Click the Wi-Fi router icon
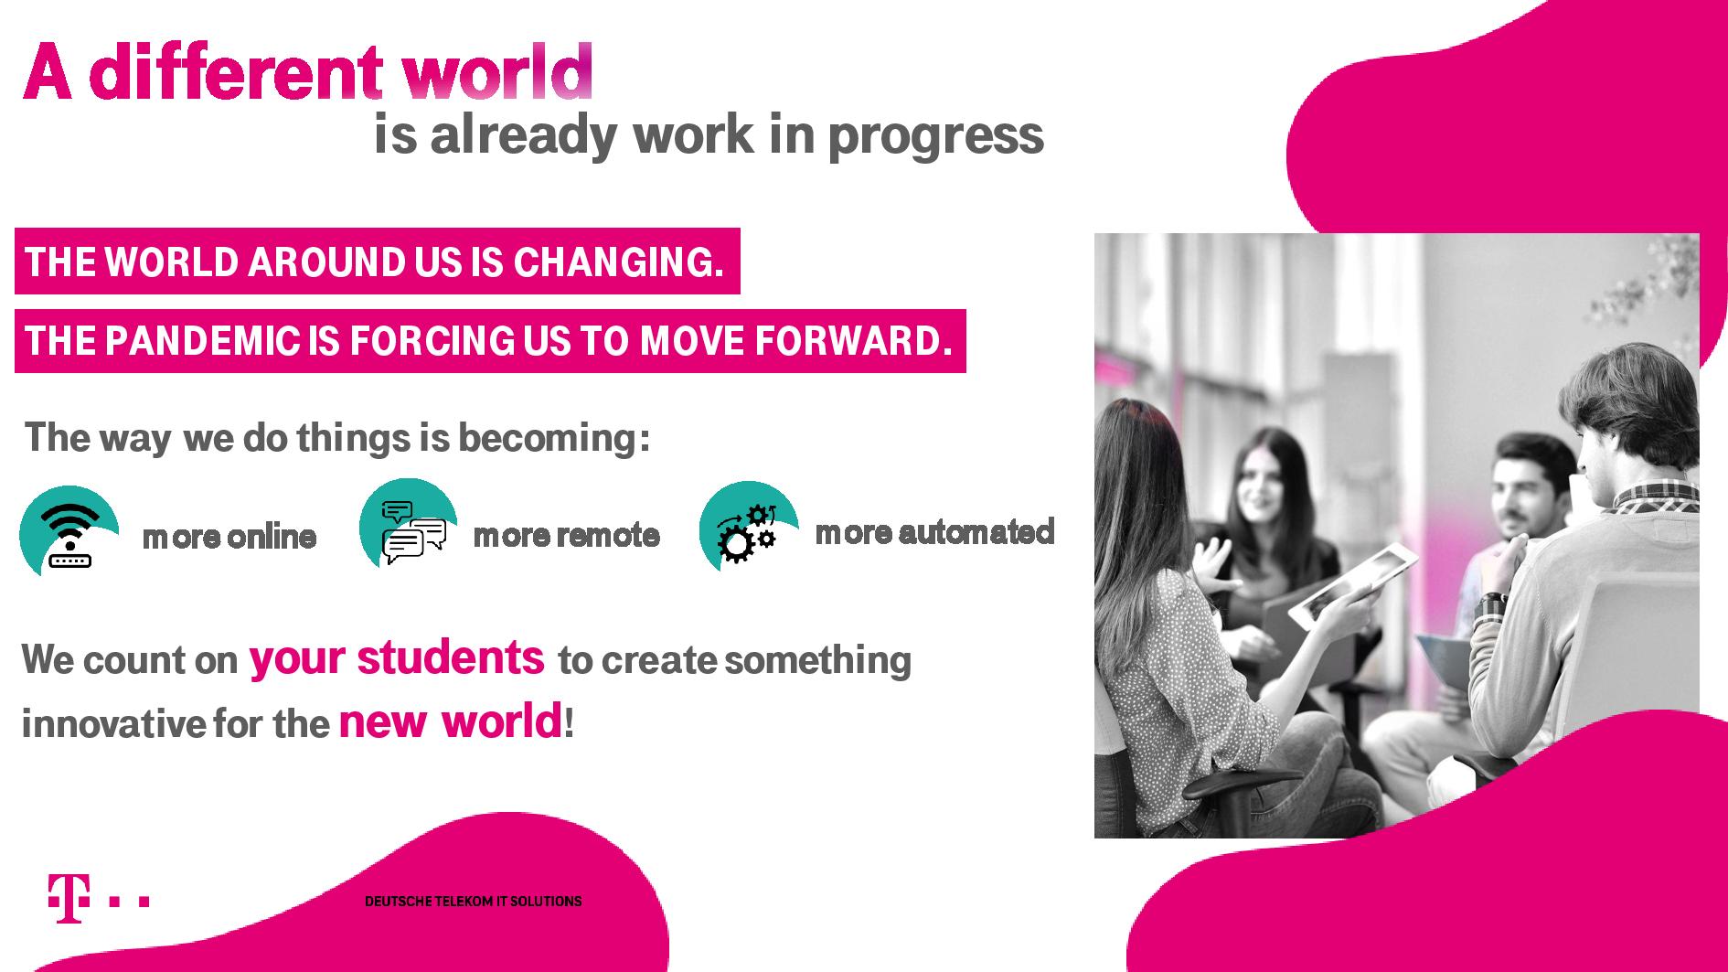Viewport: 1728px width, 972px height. pyautogui.click(x=70, y=532)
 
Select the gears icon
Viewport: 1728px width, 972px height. pyautogui.click(x=749, y=528)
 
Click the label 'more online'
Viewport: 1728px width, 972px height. pyautogui.click(x=229, y=537)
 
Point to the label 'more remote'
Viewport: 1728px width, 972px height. pyautogui.click(x=566, y=535)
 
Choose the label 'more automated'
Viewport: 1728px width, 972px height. pyautogui.click(x=934, y=531)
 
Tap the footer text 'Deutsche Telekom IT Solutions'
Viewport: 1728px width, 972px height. pyautogui.click(x=474, y=902)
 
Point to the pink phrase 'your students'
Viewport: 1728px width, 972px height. pyautogui.click(x=397, y=658)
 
